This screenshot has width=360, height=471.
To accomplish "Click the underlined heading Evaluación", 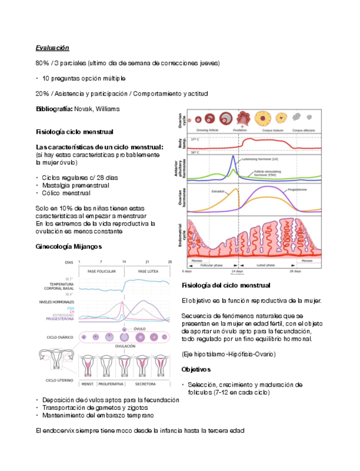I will (52, 48).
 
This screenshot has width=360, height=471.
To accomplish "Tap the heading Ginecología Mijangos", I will (68, 245).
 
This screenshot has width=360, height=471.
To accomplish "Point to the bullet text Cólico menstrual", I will (66, 193).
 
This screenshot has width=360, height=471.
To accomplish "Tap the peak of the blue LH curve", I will (234, 156).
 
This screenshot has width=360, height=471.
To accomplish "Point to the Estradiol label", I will (218, 192).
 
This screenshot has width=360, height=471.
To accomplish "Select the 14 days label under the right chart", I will (237, 272).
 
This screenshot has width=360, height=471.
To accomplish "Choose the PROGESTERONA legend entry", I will (61, 319).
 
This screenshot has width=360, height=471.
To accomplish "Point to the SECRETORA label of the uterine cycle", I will (145, 384).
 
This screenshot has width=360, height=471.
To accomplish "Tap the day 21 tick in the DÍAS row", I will (147, 262).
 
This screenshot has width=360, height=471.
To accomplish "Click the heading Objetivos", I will (196, 369).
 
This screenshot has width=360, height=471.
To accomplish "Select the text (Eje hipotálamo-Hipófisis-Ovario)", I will (228, 354).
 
